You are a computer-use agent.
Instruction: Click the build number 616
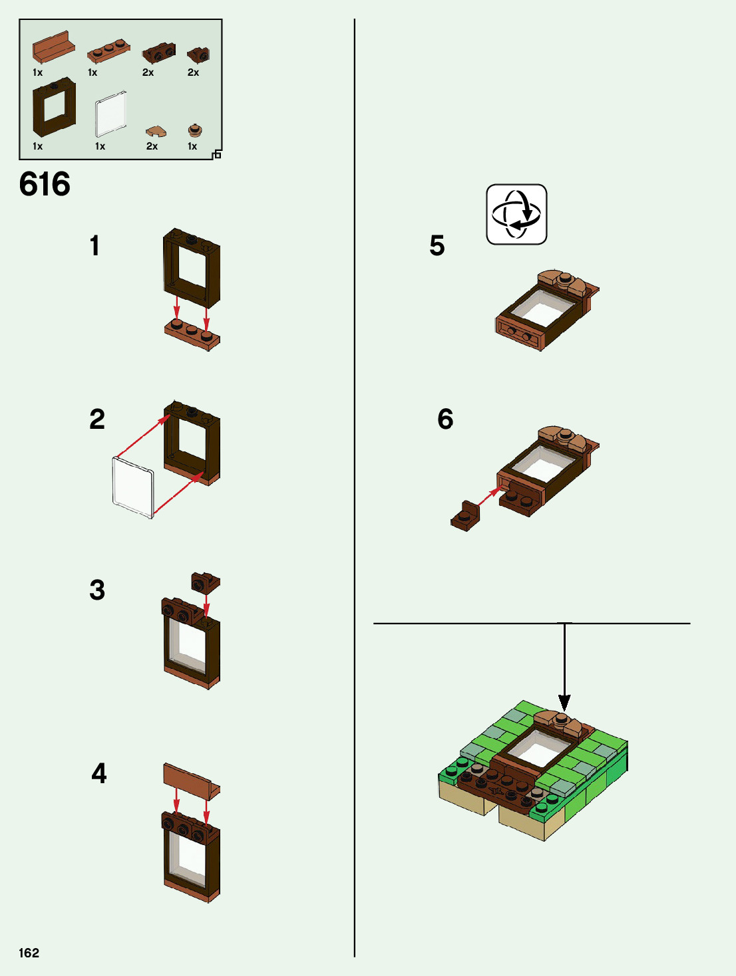(x=45, y=184)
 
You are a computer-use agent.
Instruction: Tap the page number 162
(x=29, y=953)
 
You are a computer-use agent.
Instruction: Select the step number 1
(x=94, y=245)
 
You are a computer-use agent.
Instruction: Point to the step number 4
(x=98, y=773)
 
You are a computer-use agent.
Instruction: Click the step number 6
(x=445, y=419)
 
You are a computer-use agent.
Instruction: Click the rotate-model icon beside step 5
(x=516, y=215)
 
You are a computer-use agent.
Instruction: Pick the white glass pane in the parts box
(x=110, y=114)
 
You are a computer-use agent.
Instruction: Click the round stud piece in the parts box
(x=194, y=130)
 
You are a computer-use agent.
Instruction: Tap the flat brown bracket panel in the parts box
(x=53, y=48)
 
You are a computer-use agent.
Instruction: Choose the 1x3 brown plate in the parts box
(x=108, y=51)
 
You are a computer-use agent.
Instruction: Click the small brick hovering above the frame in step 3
(x=205, y=582)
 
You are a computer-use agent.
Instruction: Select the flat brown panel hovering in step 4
(x=191, y=779)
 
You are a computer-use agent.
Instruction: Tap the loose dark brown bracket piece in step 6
(x=465, y=517)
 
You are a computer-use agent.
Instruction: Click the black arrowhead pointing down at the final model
(x=564, y=703)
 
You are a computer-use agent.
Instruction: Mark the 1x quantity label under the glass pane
(x=100, y=146)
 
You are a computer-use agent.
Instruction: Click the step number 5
(x=437, y=245)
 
